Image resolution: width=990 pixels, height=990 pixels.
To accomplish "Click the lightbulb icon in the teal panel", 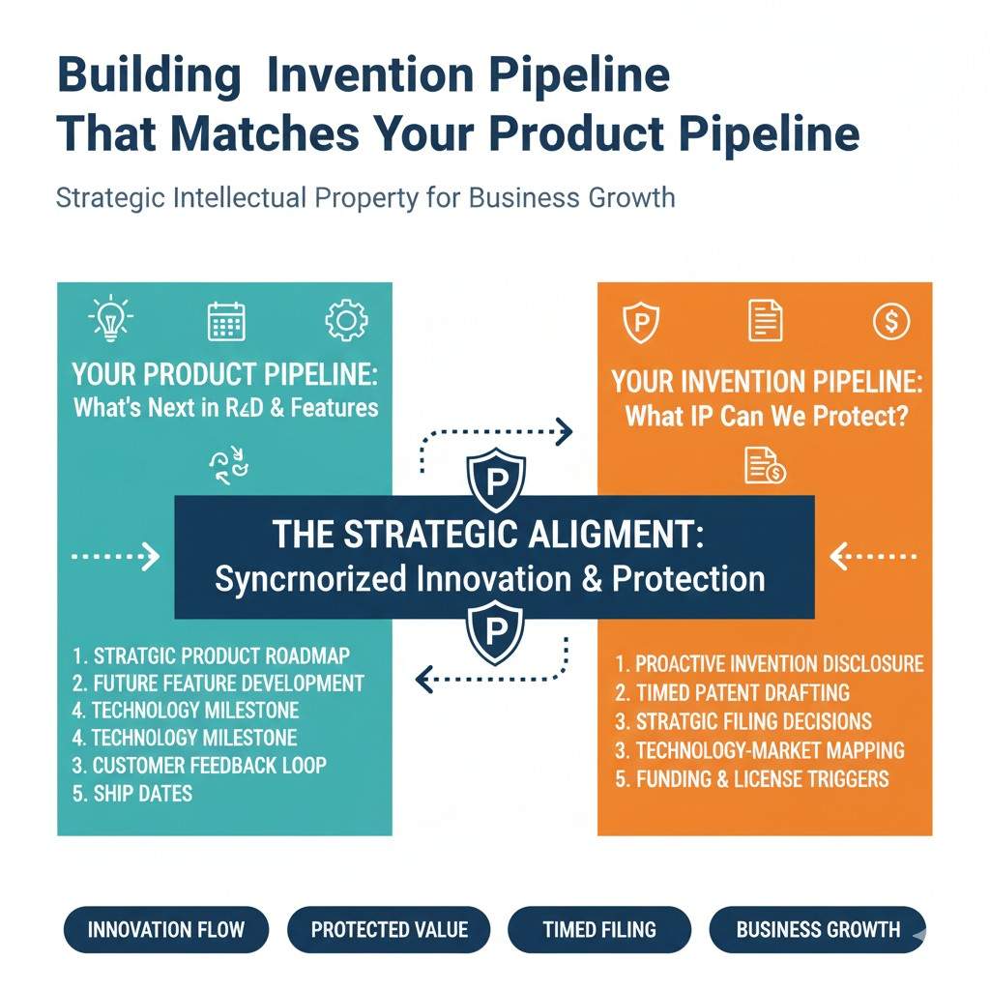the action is click(x=110, y=318).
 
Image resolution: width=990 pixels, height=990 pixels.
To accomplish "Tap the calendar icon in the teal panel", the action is click(x=226, y=321).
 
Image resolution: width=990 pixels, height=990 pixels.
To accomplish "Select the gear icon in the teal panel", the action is click(x=346, y=321).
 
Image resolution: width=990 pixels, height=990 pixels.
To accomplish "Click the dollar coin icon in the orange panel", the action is click(x=890, y=321).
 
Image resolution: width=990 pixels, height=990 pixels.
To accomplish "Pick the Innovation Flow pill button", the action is click(x=166, y=929).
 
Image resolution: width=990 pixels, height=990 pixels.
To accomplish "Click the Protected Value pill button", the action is click(x=389, y=929).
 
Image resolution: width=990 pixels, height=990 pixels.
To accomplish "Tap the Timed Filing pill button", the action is click(x=599, y=929).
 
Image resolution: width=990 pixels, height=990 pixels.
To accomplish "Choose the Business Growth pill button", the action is click(x=818, y=929).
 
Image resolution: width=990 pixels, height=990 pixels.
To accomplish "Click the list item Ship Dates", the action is click(x=131, y=794).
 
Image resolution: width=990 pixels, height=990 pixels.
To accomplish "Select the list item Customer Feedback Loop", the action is click(x=199, y=766).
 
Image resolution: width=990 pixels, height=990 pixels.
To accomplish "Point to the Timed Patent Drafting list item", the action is click(x=733, y=692).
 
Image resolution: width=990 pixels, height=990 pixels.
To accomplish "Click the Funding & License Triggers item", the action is click(x=752, y=779).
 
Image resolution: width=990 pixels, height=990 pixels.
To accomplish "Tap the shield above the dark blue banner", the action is click(x=496, y=480).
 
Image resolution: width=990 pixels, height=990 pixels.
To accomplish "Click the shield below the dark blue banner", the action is click(x=496, y=631).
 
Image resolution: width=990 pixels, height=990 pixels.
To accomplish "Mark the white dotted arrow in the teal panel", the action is click(x=116, y=556).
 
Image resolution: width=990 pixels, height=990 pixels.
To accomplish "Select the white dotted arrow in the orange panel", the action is click(x=873, y=556).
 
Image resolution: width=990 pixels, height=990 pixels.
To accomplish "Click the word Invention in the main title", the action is click(x=370, y=75).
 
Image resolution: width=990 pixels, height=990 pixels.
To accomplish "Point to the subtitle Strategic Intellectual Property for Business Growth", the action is click(x=365, y=198).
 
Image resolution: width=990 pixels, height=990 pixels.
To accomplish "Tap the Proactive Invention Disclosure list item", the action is click(x=769, y=663).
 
